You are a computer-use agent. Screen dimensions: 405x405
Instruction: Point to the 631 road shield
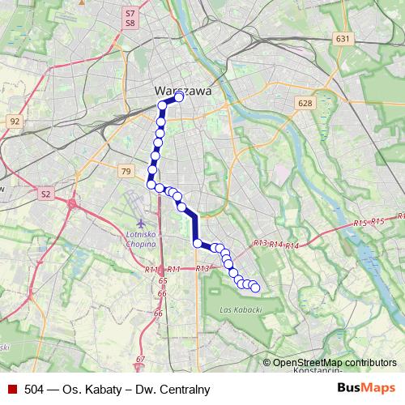point(343,38)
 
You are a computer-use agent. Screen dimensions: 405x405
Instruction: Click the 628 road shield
point(305,103)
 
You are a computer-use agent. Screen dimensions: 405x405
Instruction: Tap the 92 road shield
point(14,121)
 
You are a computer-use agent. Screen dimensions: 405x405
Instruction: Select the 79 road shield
point(125,171)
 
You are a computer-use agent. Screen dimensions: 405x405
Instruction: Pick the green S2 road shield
point(46,194)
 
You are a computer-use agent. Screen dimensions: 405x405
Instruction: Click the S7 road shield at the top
point(130,14)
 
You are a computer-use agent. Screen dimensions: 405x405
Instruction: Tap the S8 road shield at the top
point(130,24)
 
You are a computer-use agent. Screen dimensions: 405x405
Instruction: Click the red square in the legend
point(11,389)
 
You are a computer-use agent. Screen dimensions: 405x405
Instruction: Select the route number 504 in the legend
point(36,390)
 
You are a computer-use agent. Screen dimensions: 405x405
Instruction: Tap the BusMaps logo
point(366,389)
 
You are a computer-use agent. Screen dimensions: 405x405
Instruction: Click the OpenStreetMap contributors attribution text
point(334,363)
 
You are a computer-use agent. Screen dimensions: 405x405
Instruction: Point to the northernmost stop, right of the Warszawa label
point(179,98)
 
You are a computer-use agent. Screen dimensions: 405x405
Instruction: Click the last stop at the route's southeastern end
point(255,287)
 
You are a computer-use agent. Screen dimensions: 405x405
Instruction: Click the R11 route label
point(151,269)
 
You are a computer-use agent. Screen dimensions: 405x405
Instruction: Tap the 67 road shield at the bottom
point(140,359)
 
